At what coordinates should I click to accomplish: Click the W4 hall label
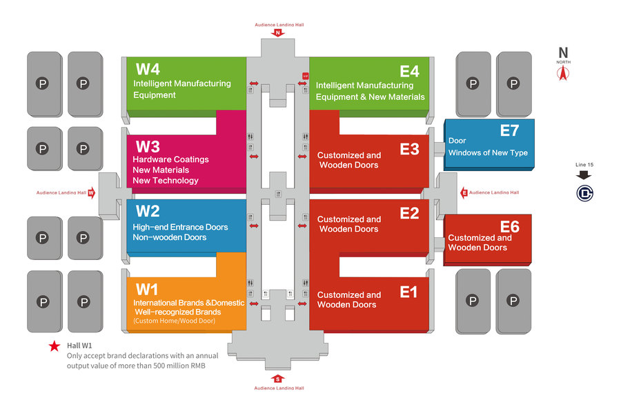[148, 69]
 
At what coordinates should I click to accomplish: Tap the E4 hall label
[409, 71]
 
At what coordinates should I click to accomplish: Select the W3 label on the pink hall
[148, 146]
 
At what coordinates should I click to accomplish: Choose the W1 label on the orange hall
[147, 288]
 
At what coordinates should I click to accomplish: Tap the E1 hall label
[409, 292]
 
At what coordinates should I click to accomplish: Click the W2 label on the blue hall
[148, 211]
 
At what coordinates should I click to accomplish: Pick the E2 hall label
[409, 213]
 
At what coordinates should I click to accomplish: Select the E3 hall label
[409, 149]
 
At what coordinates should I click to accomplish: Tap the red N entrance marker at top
[277, 32]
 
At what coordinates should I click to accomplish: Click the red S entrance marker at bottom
[277, 378]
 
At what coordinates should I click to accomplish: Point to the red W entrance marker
[91, 193]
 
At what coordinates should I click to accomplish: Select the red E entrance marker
[464, 192]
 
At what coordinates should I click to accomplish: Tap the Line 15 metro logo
[584, 193]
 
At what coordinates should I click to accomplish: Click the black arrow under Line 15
[584, 175]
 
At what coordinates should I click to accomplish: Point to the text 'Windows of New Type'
[488, 152]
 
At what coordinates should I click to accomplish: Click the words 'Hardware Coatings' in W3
[170, 159]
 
